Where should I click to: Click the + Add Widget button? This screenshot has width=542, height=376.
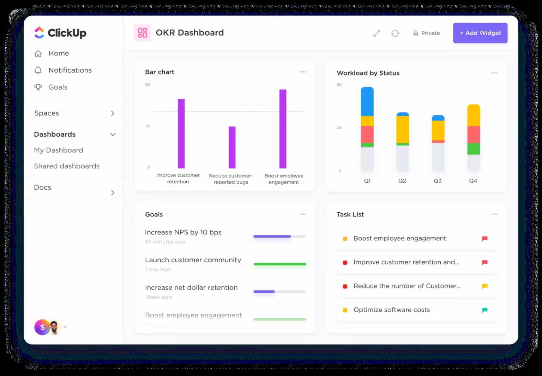[x=480, y=33]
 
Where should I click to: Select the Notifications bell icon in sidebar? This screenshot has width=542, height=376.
[x=38, y=70]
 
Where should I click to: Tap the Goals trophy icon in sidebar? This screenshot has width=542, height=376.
[x=38, y=87]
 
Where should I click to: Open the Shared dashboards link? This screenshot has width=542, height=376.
[x=67, y=166]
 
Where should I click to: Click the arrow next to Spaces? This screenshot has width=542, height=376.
[x=113, y=113]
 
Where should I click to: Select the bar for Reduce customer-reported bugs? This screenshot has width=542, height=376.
[x=232, y=147]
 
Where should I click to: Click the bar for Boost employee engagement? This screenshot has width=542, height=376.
[x=283, y=129]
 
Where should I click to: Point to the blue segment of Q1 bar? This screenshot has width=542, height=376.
[x=367, y=102]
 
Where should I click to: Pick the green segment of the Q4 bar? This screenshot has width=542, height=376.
[x=473, y=149]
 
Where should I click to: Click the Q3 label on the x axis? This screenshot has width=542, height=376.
[x=438, y=181]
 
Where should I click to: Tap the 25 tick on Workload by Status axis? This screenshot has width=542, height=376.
[x=339, y=127]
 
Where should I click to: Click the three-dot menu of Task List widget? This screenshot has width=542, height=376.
[x=494, y=214]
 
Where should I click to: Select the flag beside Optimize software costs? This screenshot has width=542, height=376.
[x=484, y=310]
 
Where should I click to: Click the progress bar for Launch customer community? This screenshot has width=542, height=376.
[x=279, y=264]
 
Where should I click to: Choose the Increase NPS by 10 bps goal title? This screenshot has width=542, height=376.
[x=183, y=232]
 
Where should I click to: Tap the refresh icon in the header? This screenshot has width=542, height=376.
[x=395, y=33]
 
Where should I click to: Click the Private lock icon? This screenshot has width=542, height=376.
[x=416, y=33]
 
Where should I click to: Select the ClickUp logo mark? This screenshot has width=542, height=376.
[x=39, y=33]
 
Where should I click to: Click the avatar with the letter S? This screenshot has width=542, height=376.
[x=42, y=327]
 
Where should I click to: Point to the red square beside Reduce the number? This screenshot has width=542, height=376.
[x=345, y=286]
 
